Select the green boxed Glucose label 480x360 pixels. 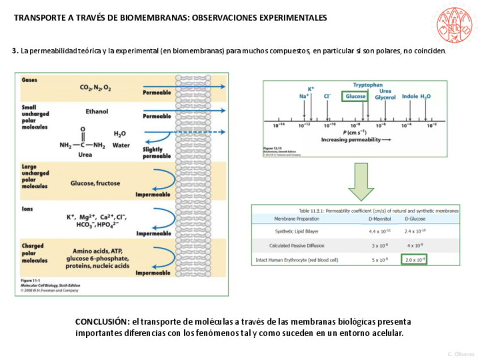(355, 96)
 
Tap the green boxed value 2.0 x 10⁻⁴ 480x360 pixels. (414, 260)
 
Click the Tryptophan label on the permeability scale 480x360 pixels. (368, 85)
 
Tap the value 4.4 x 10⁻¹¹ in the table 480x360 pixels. (379, 232)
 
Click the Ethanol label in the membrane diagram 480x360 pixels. (97, 112)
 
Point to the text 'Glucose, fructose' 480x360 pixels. (95, 183)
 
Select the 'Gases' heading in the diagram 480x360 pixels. (29, 80)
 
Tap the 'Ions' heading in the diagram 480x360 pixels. (27, 209)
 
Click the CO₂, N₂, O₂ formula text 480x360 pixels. (96, 88)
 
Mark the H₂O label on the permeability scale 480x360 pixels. (425, 96)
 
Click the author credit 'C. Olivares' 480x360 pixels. (461, 354)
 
